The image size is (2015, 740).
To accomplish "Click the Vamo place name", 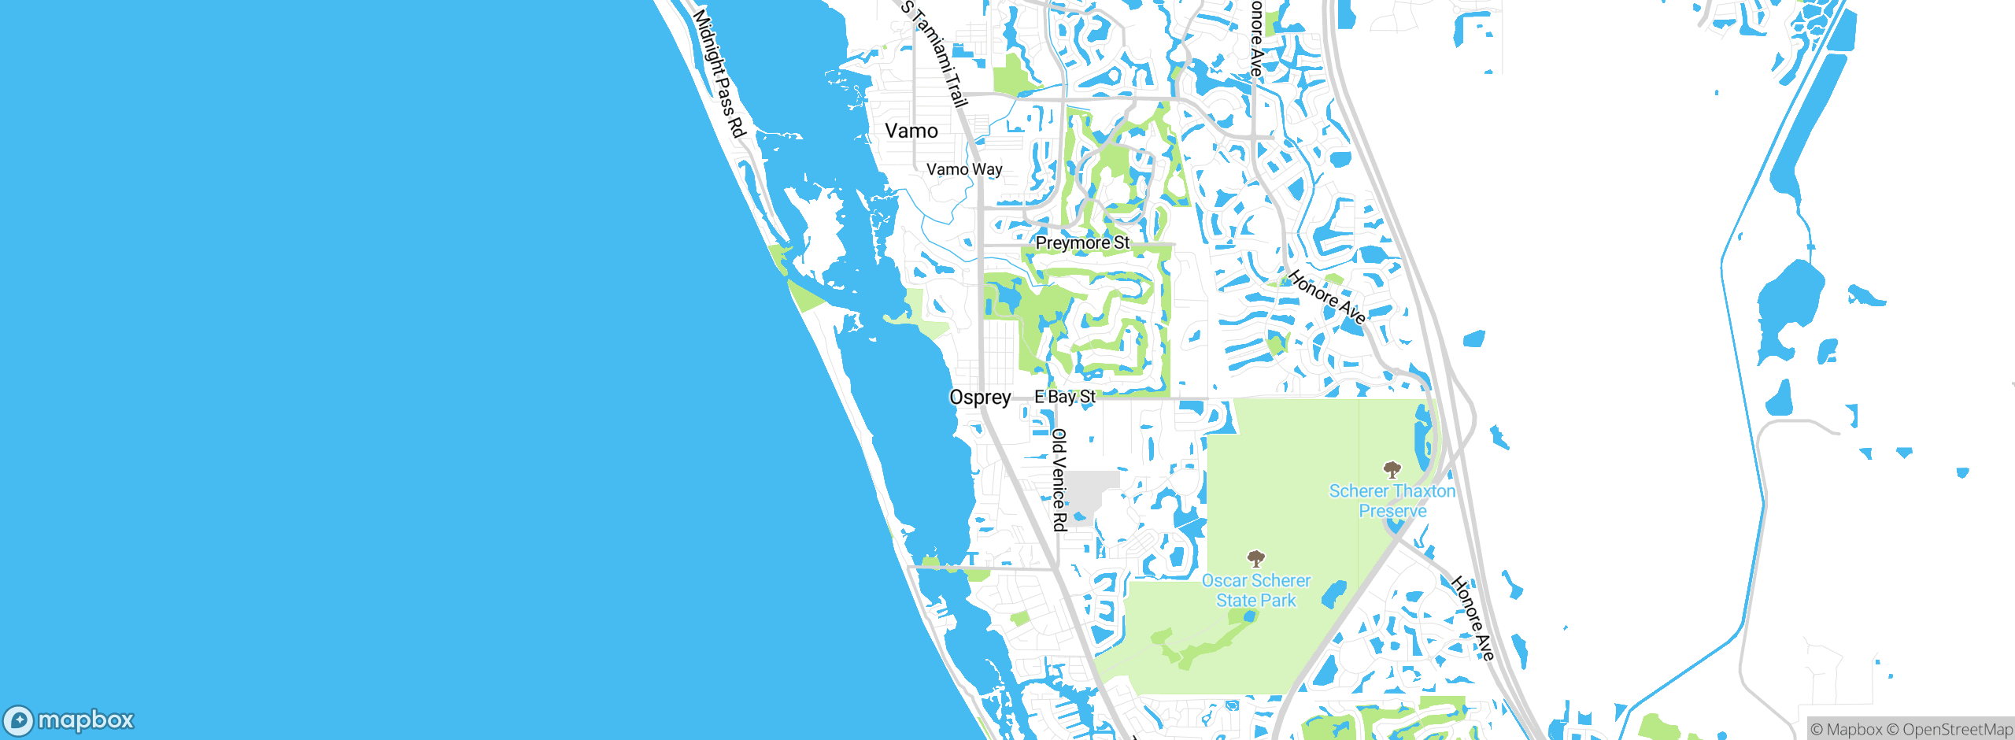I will [911, 131].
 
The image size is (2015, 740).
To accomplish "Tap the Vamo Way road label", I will [964, 169].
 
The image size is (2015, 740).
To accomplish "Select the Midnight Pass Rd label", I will [719, 72].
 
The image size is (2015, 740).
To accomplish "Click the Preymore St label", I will [1082, 242].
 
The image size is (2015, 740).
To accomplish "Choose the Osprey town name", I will [980, 398].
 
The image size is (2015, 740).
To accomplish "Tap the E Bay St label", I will [1065, 397].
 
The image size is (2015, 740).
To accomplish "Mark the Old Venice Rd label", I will [1059, 479].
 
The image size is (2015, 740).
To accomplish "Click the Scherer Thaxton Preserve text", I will [1392, 501].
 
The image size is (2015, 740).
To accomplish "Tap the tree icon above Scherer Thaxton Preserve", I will [1392, 470].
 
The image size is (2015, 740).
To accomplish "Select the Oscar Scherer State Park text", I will [1255, 590].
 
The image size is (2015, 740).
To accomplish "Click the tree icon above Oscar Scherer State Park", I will [1255, 559].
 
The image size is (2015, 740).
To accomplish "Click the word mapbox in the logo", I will [86, 720].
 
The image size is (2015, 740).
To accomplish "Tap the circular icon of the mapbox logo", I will [19, 720].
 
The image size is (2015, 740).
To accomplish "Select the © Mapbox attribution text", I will [1847, 730].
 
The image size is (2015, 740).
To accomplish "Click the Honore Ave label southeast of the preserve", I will [1472, 618].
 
